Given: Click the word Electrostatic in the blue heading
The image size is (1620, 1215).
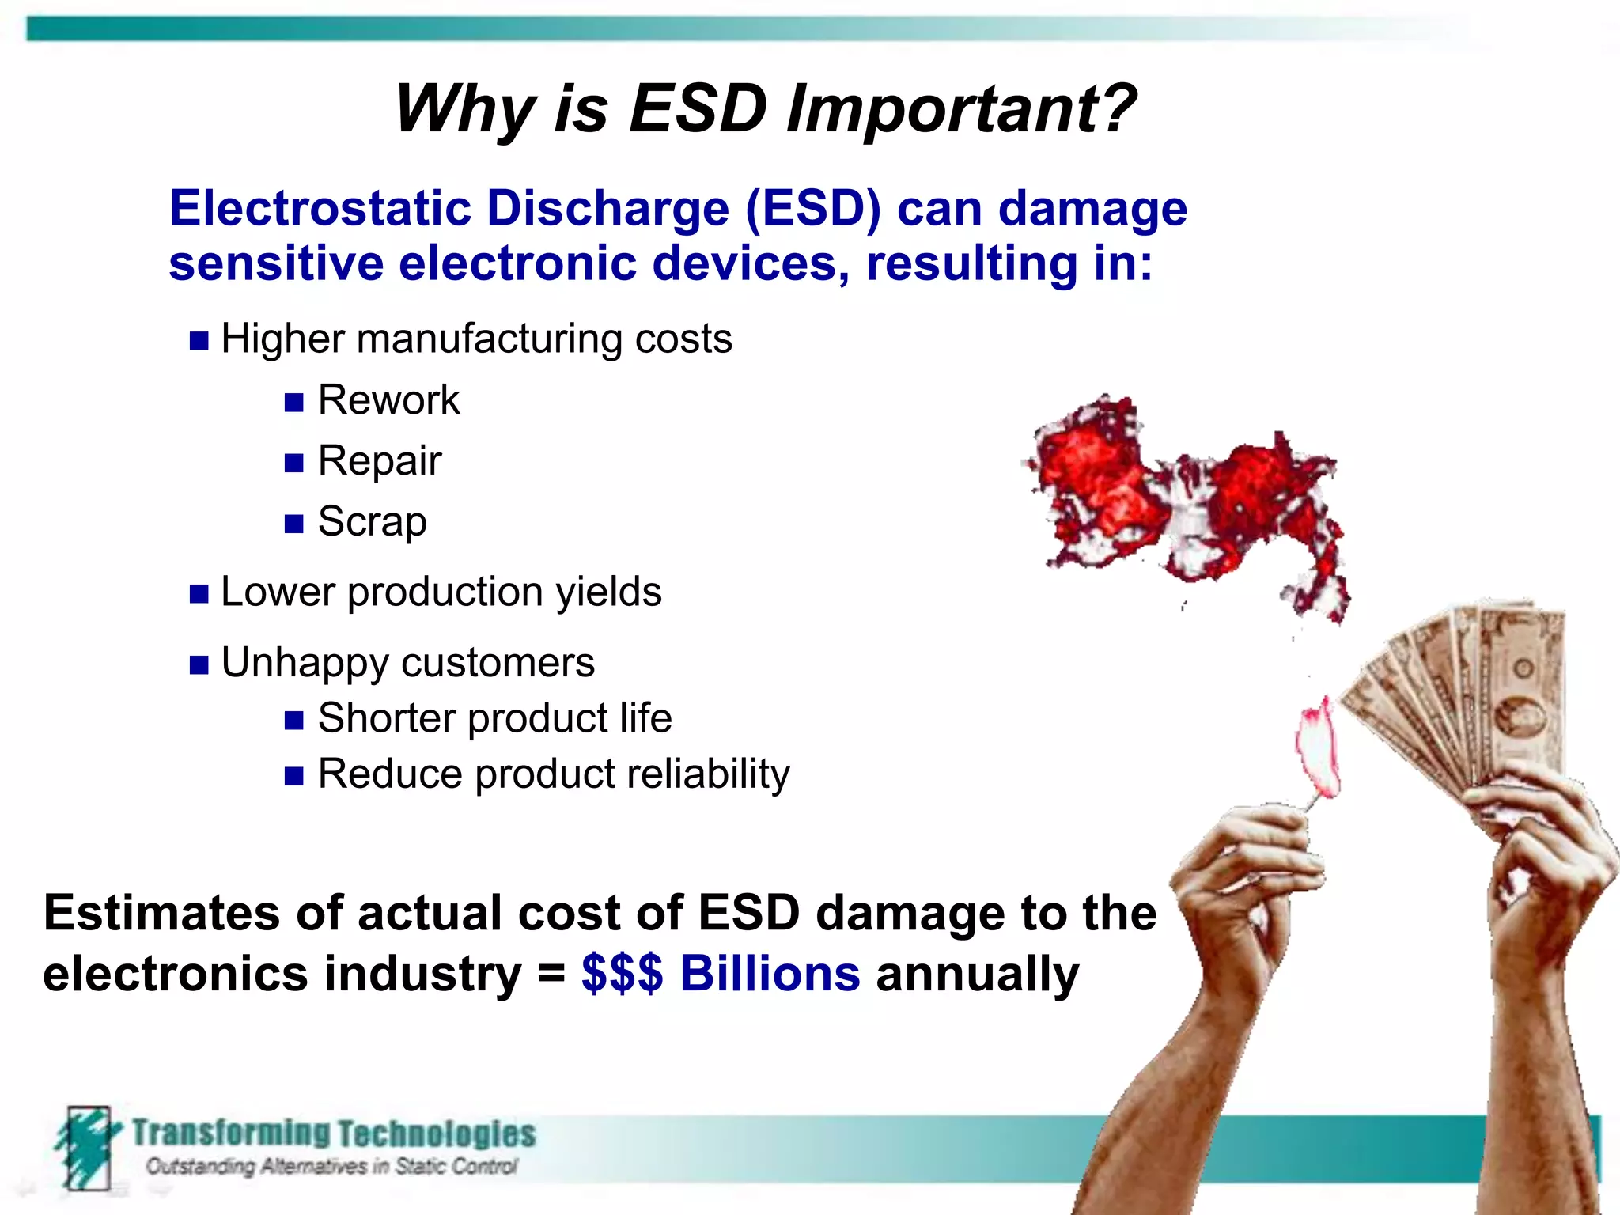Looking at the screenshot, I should tap(320, 209).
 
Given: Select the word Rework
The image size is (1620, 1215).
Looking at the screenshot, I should tap(388, 399).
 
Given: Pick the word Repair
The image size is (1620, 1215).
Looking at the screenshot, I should tap(379, 460).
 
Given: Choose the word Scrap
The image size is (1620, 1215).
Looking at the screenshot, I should tap(372, 521).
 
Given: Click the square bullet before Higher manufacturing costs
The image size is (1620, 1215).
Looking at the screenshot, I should tap(199, 341).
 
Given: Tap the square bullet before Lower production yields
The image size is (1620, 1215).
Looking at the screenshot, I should tap(199, 594).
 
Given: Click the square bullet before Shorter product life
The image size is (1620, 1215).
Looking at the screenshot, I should tap(293, 720).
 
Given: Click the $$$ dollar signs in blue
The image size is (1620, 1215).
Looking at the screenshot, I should tap(622, 973).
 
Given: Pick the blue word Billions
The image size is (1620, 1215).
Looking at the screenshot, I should tap(770, 973).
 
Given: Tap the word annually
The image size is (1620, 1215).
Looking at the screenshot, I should tap(977, 975).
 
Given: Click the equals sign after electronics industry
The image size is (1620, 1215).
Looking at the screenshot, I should tap(551, 975).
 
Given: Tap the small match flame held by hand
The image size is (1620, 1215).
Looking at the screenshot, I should tap(1318, 748).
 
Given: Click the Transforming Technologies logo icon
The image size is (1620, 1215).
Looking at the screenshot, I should tap(87, 1147).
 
